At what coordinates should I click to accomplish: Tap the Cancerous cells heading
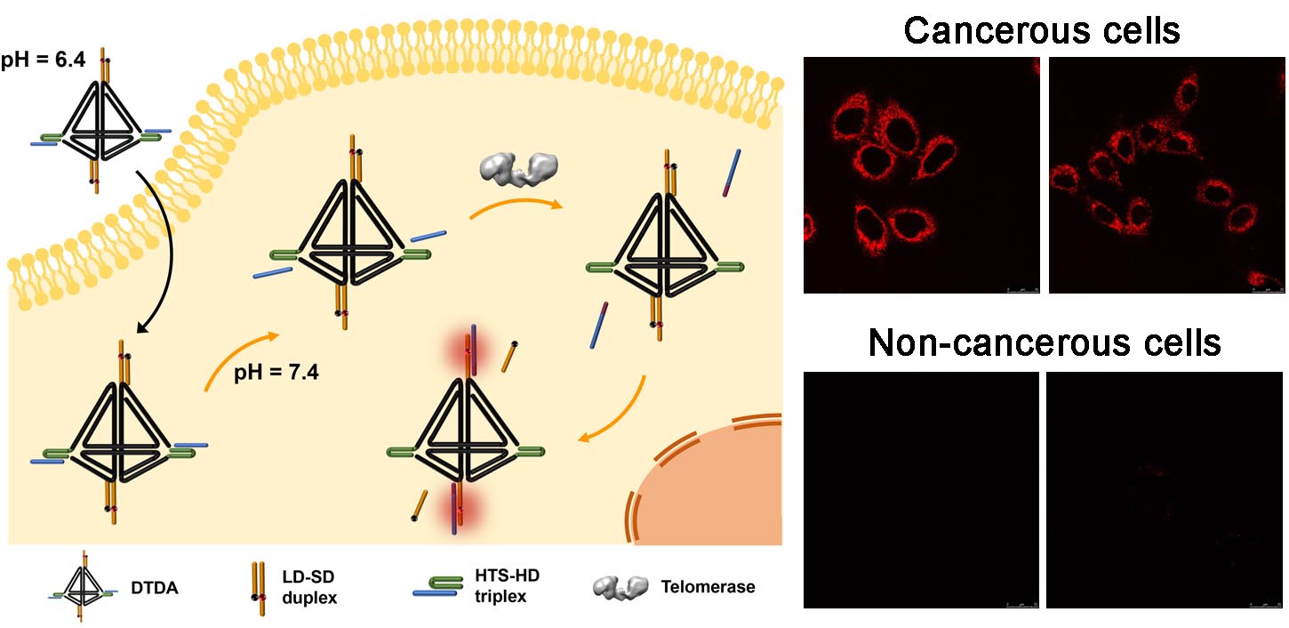1042,31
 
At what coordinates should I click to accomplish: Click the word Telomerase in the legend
708,586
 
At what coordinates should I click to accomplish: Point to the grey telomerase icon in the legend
620,586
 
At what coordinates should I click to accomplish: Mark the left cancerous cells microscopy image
920,175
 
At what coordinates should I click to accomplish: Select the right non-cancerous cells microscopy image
1166,490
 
